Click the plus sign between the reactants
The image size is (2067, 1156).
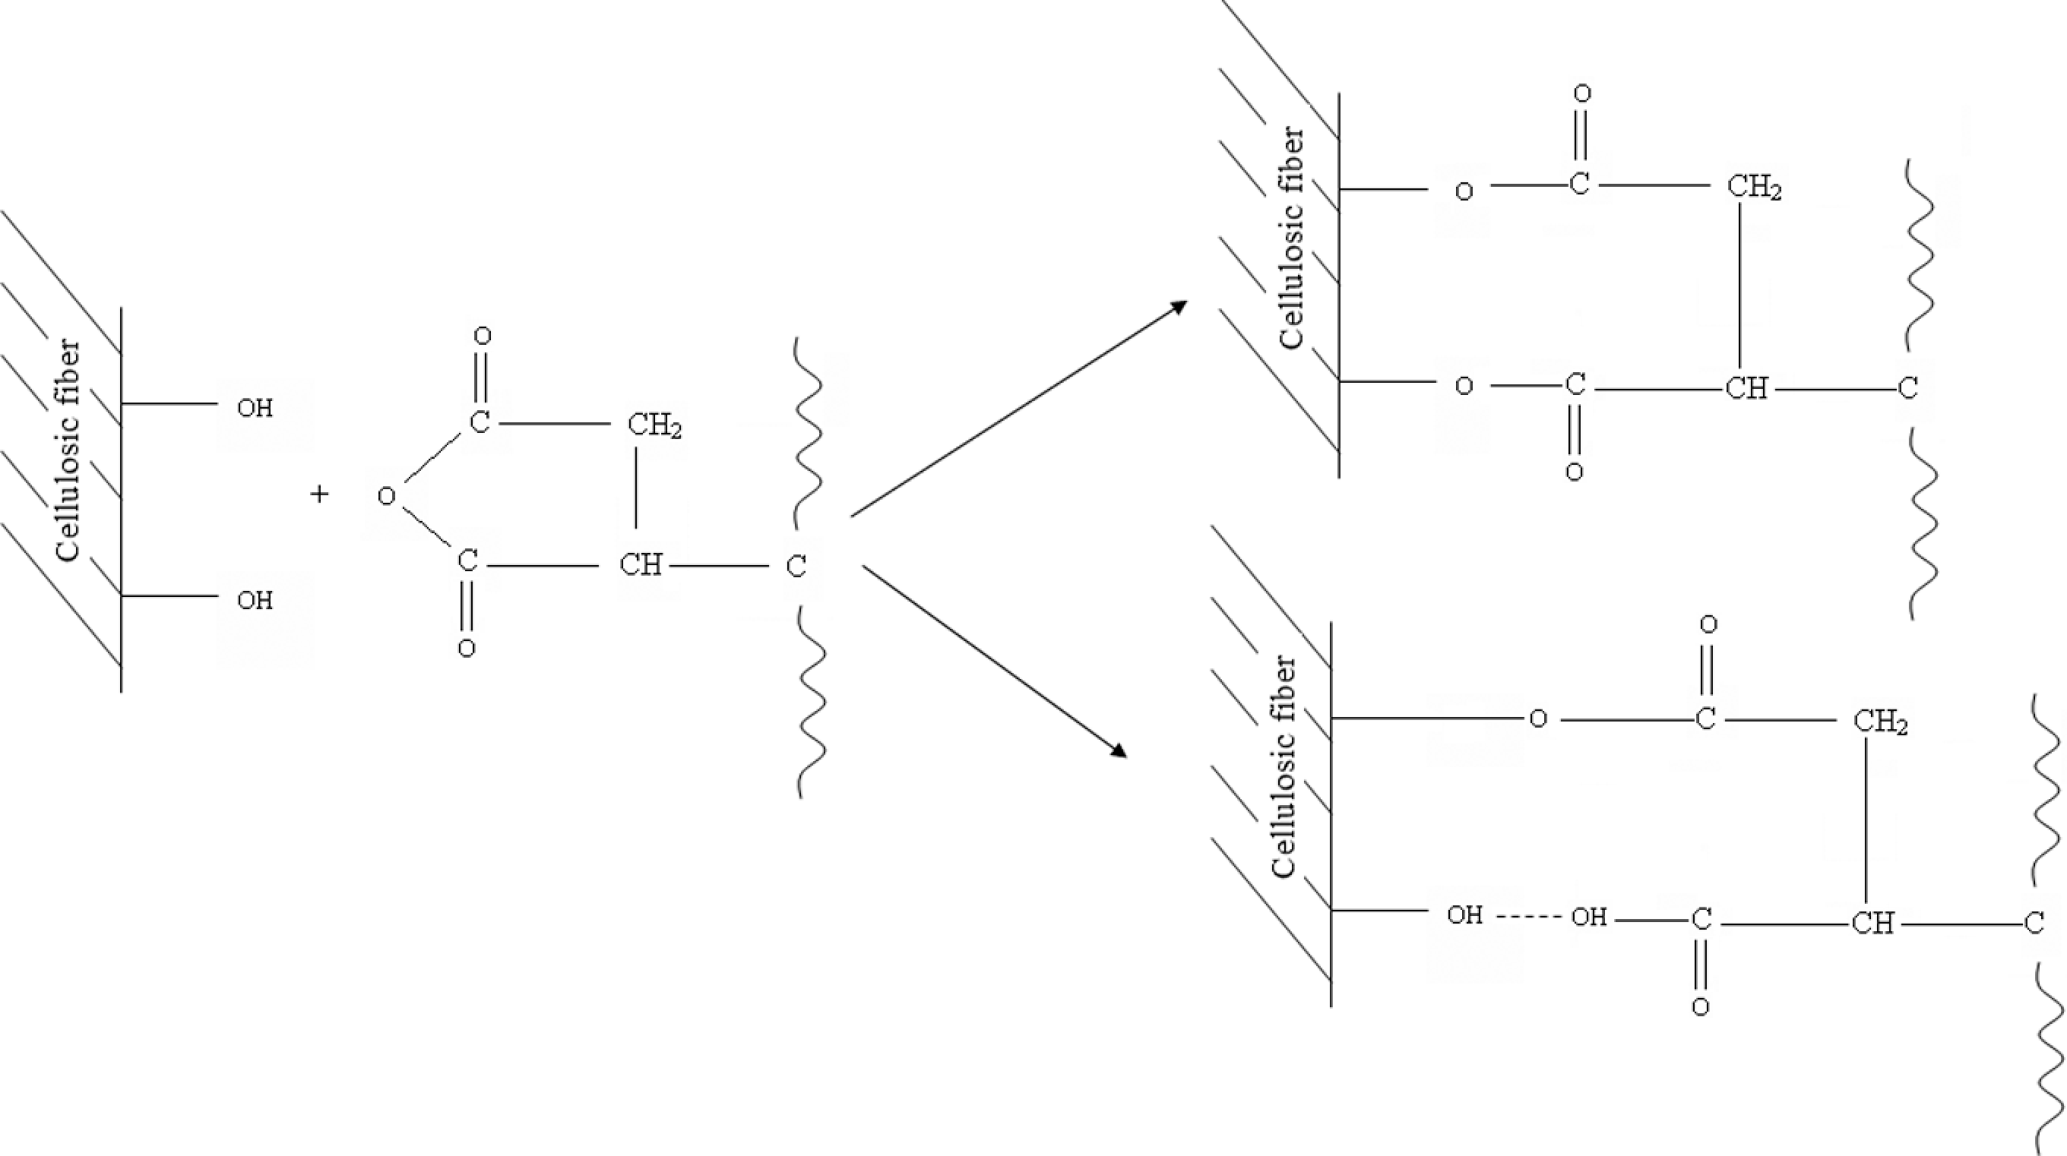pyautogui.click(x=319, y=494)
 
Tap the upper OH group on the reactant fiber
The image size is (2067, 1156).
pyautogui.click(x=255, y=409)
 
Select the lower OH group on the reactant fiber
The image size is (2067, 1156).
pyautogui.click(x=255, y=600)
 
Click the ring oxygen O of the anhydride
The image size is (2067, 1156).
pyautogui.click(x=387, y=497)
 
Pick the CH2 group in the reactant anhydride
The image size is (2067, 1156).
pyautogui.click(x=654, y=425)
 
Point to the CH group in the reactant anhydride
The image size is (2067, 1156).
pyautogui.click(x=641, y=565)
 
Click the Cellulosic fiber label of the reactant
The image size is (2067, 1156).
pyautogui.click(x=68, y=451)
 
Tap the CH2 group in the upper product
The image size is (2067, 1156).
pyautogui.click(x=1754, y=188)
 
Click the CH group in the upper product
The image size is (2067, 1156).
pyautogui.click(x=1746, y=389)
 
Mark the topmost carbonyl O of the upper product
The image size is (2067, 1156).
pyautogui.click(x=1581, y=94)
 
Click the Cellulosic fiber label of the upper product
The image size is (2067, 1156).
pyautogui.click(x=1292, y=238)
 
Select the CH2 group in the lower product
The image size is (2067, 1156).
pyautogui.click(x=1880, y=722)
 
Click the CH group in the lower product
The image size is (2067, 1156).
pyautogui.click(x=1872, y=924)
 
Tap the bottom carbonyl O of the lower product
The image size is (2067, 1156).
pyautogui.click(x=1700, y=1007)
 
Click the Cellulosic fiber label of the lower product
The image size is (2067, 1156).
pyautogui.click(x=1284, y=767)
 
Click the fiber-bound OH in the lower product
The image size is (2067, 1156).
pyautogui.click(x=1464, y=915)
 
